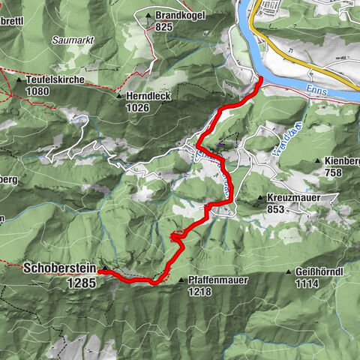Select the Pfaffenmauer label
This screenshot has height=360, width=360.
coord(219,279)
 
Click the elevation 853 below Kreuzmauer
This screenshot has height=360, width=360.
coord(276,210)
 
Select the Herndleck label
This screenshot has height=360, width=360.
coord(148,97)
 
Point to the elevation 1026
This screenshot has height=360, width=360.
coord(137,107)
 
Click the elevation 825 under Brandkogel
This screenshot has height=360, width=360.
coord(165,25)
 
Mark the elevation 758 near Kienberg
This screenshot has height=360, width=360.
coord(334,172)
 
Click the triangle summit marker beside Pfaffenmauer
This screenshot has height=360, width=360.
coord(181,280)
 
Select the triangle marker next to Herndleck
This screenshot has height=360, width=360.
coord(118,97)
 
